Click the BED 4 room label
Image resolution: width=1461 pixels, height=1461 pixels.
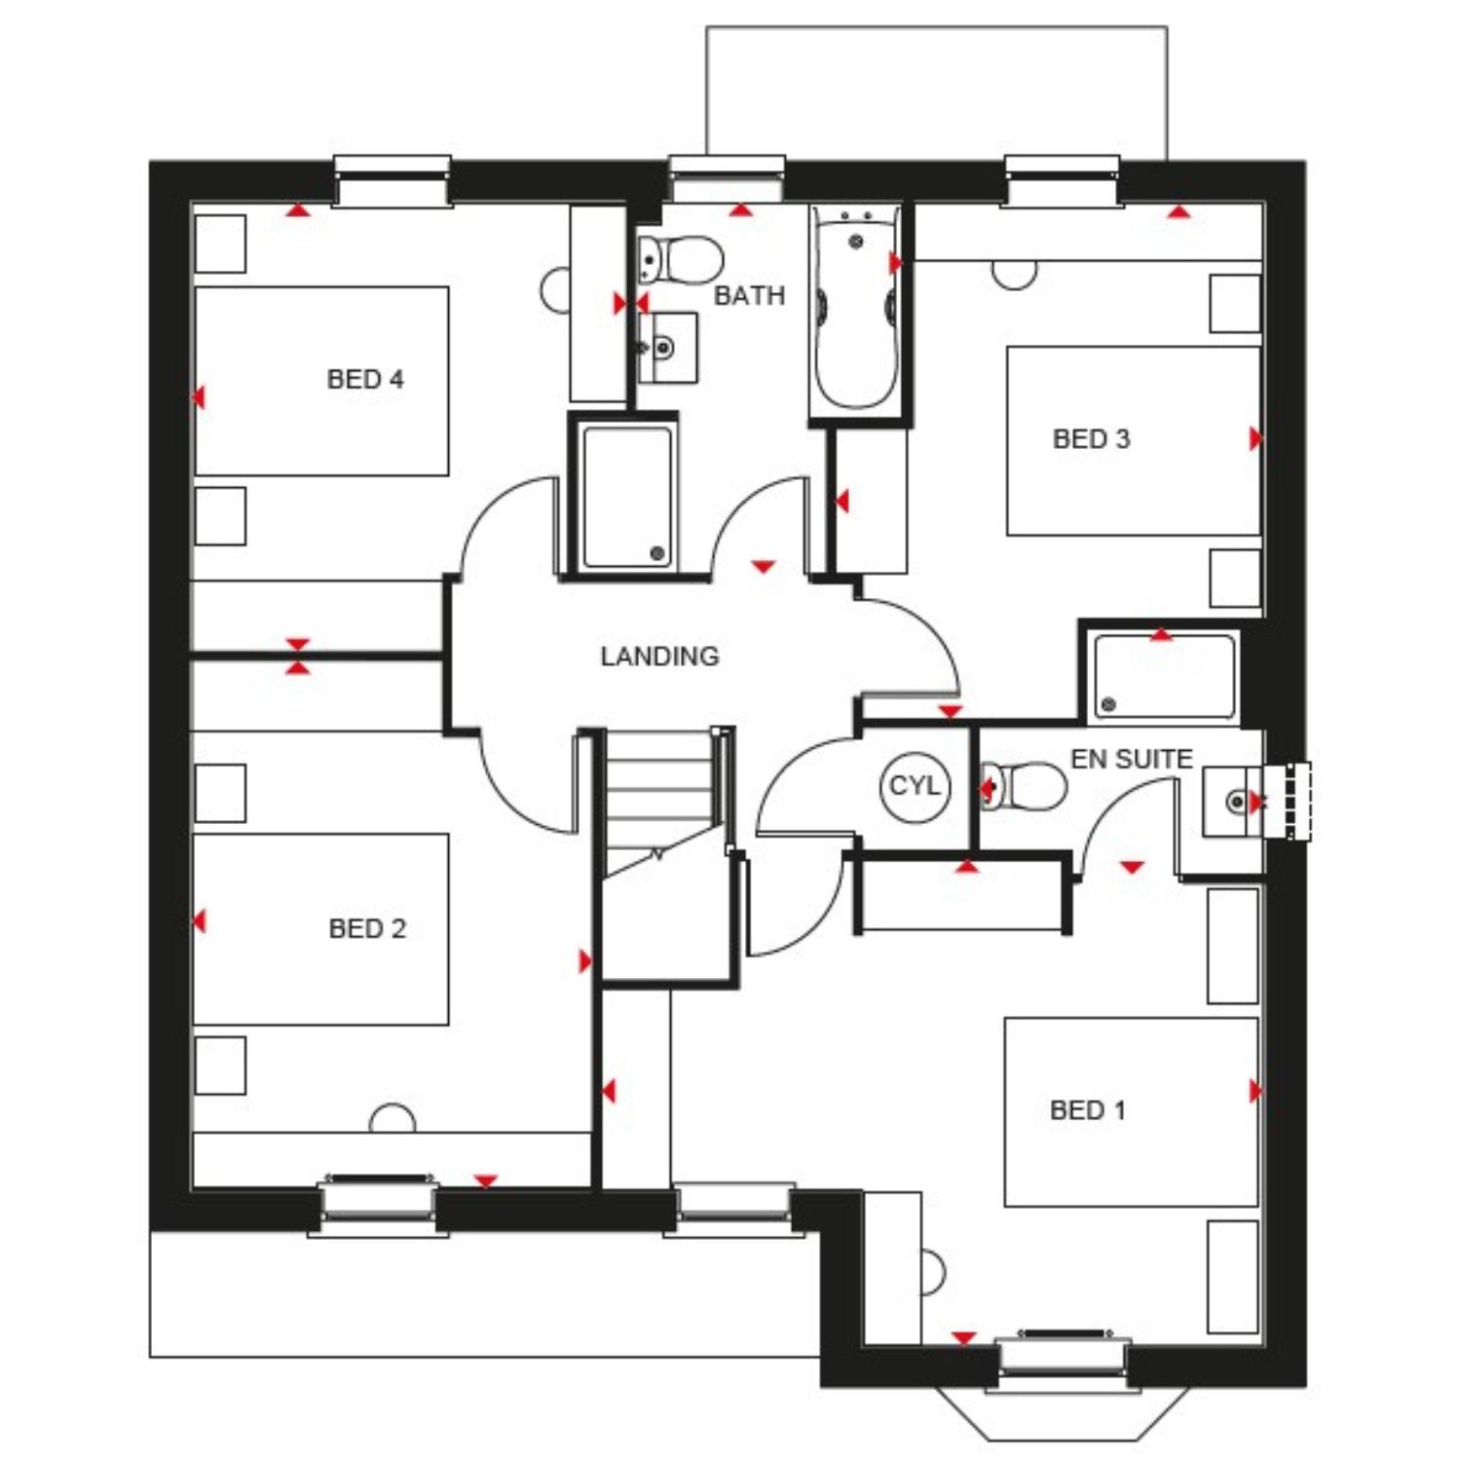coord(365,379)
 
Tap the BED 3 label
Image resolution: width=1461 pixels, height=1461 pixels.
coord(1091,438)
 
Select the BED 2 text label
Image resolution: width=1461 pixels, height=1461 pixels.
coord(367,928)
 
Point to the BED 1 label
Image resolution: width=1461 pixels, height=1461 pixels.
coord(1087,1109)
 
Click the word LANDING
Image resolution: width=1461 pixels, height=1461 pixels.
coord(659,656)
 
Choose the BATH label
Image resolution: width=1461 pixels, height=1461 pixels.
coord(749,295)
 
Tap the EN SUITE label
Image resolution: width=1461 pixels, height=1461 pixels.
coord(1132,759)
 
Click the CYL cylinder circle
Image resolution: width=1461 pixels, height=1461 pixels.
coord(914,785)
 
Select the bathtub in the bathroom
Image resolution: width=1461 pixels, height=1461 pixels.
coord(855,311)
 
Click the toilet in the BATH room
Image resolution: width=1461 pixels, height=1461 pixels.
coord(682,261)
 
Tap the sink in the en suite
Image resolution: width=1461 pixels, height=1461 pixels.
coord(1233,802)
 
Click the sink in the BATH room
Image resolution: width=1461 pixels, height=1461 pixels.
coord(668,347)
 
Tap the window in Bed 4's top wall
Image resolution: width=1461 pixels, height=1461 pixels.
coord(393,181)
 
